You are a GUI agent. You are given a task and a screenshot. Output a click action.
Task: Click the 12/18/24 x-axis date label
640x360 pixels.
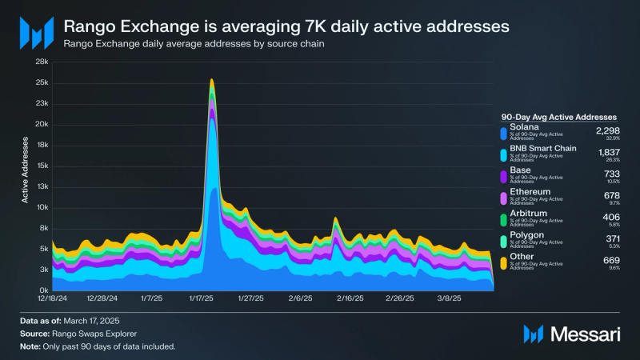coord(51,298)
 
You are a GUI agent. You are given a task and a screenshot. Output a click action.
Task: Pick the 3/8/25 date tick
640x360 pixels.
coord(448,298)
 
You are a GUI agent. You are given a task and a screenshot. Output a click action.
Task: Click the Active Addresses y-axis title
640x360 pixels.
coord(26,170)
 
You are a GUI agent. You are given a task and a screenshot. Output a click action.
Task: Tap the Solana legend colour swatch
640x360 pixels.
coord(503,134)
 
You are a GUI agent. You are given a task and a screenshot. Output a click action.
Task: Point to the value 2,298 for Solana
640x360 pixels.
coord(609,129)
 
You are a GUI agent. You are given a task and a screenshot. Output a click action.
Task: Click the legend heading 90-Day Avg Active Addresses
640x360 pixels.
coord(558,116)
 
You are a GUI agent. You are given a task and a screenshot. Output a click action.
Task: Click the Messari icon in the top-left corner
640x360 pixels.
coord(36,33)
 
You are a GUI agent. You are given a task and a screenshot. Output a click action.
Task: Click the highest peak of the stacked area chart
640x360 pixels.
coord(211,79)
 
